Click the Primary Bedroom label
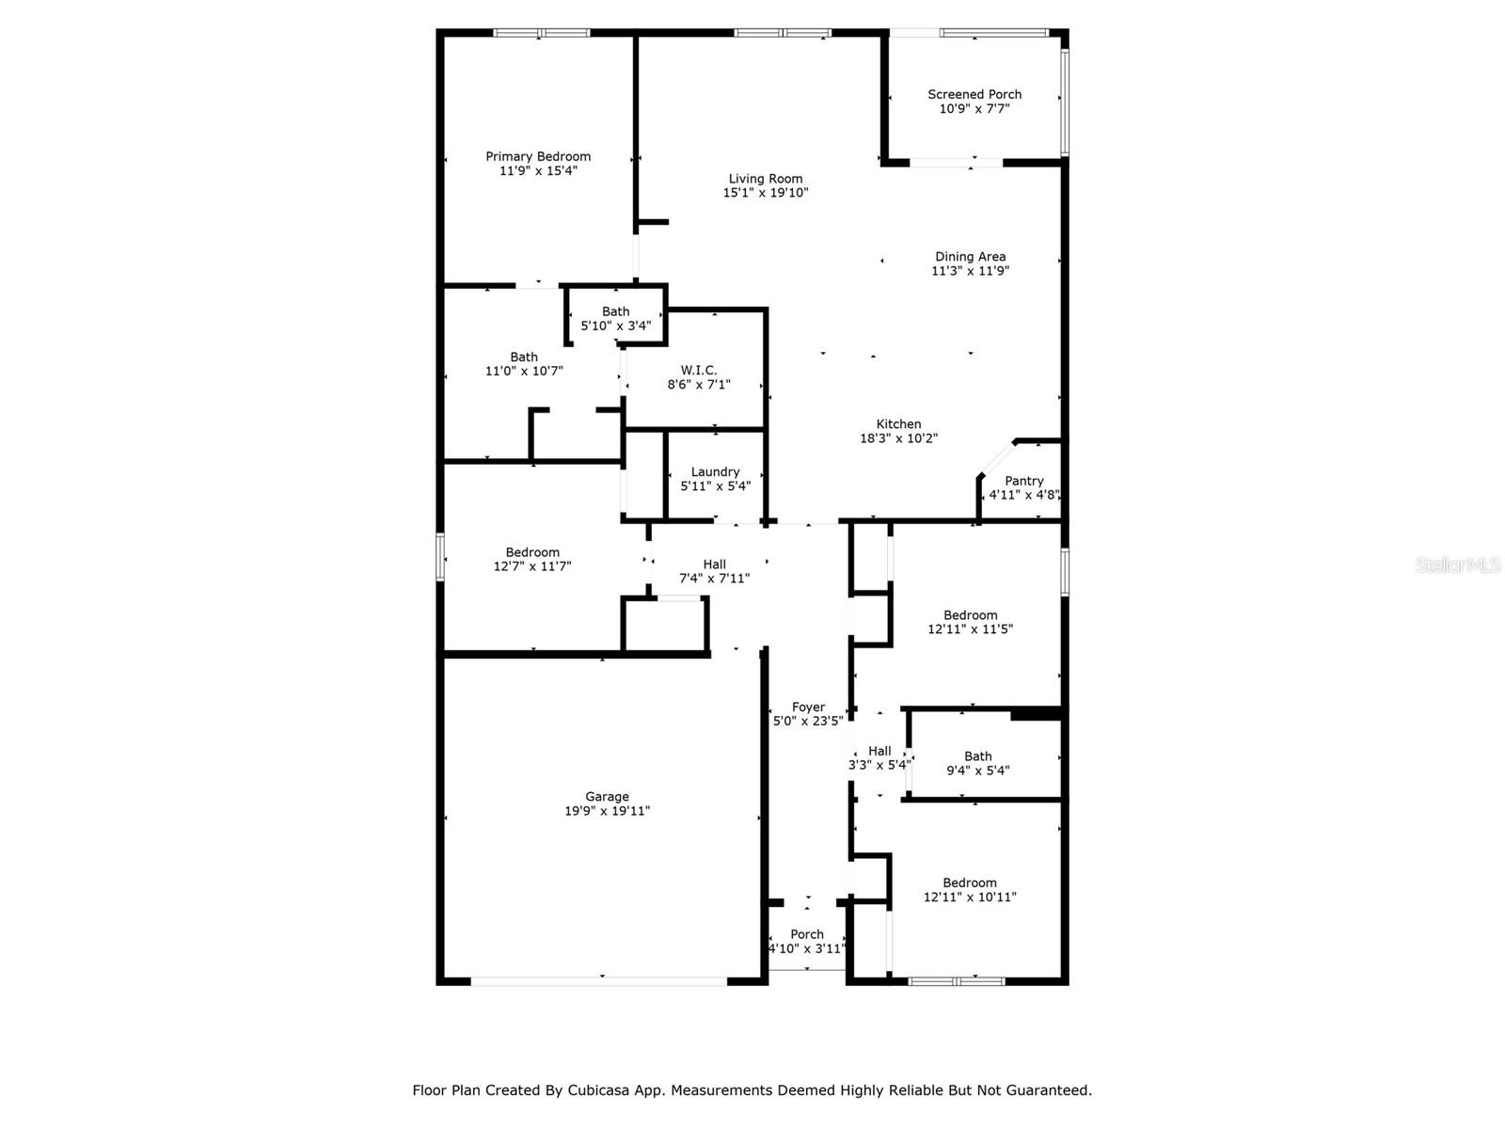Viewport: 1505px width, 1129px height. pyautogui.click(x=538, y=157)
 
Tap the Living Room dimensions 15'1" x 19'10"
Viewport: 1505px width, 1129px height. pyautogui.click(x=766, y=193)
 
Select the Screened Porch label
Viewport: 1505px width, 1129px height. pyautogui.click(x=974, y=94)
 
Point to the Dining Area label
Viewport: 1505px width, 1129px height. pyautogui.click(x=970, y=257)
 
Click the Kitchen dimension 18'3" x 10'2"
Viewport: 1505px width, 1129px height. pyautogui.click(x=898, y=438)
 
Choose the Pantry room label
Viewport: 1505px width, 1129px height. pyautogui.click(x=1023, y=481)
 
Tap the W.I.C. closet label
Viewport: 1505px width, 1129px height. pyautogui.click(x=699, y=371)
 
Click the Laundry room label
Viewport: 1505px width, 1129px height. pyautogui.click(x=715, y=472)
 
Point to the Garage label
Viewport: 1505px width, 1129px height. pyautogui.click(x=607, y=797)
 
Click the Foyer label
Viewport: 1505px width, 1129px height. pyautogui.click(x=808, y=708)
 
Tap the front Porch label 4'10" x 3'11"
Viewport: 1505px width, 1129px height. pyautogui.click(x=807, y=934)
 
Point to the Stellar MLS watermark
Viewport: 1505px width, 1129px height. pyautogui.click(x=1458, y=564)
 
